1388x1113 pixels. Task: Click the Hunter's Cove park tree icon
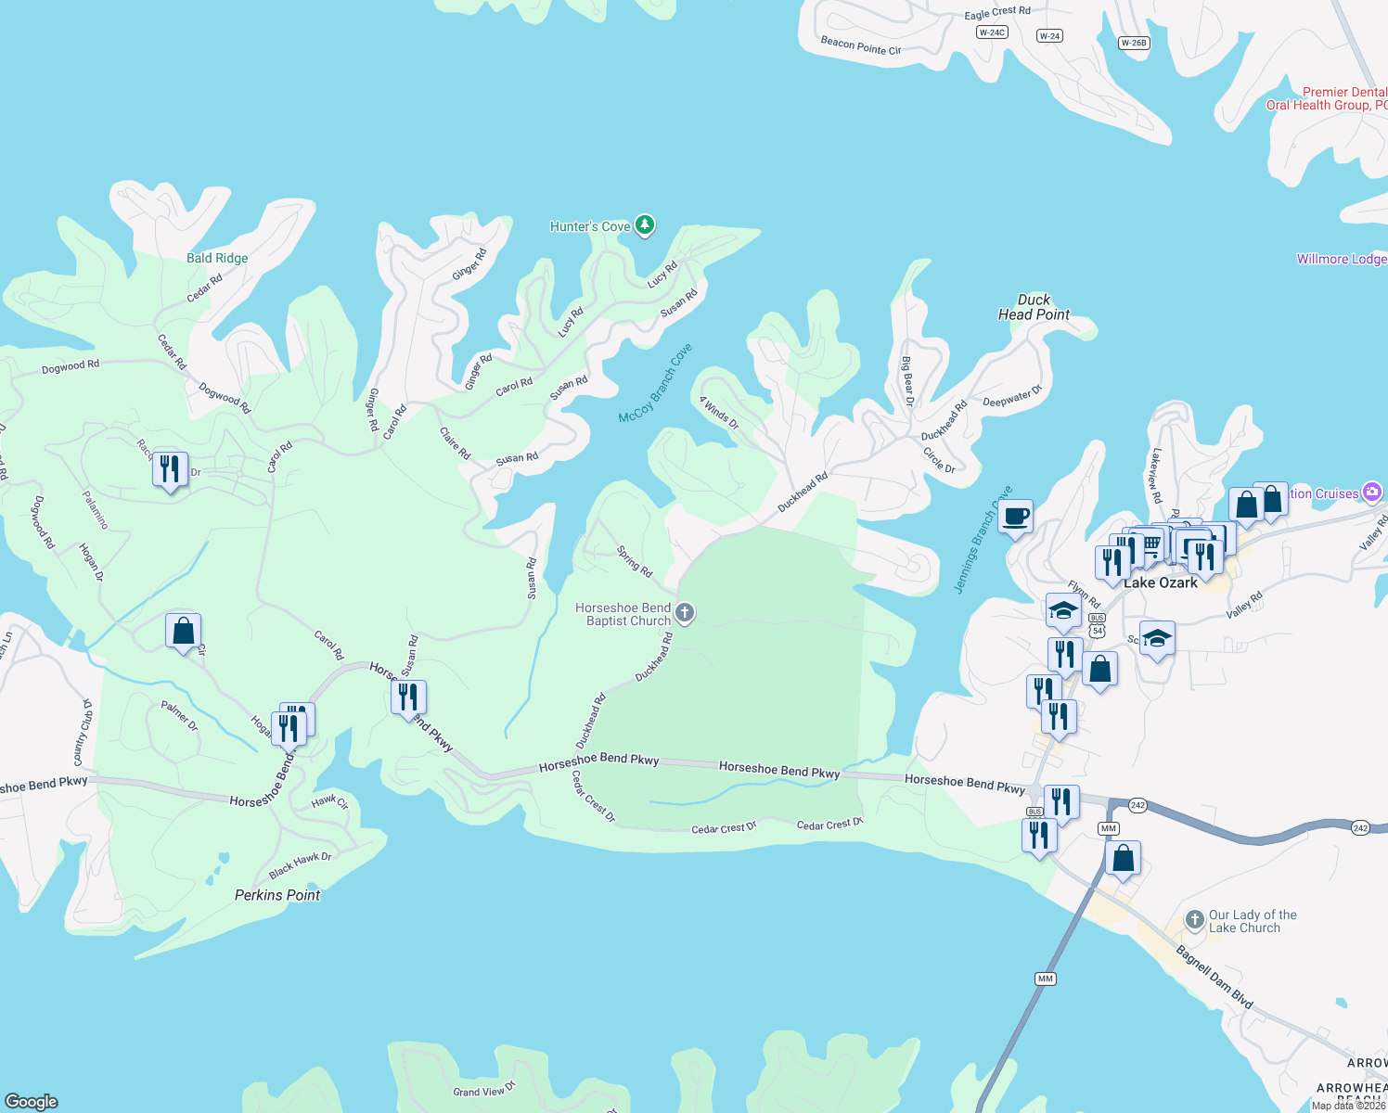[x=645, y=225]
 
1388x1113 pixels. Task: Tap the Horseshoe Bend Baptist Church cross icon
[x=685, y=612]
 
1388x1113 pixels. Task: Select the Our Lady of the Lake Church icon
[x=1195, y=921]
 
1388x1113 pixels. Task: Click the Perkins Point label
[x=277, y=895]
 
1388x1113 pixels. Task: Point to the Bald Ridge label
[x=217, y=258]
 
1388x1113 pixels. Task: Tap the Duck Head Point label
[x=1034, y=307]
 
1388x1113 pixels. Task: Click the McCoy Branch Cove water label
[x=655, y=384]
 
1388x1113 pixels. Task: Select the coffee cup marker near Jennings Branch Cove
[x=1016, y=517]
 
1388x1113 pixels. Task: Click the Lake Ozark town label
[x=1160, y=582]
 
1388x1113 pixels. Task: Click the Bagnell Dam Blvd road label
[x=1214, y=977]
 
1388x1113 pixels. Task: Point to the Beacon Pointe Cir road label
[x=861, y=45]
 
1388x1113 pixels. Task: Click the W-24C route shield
[x=992, y=32]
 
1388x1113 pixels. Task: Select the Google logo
[x=32, y=1101]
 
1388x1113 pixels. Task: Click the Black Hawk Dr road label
[x=300, y=864]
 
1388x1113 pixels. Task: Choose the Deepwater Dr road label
[x=1012, y=398]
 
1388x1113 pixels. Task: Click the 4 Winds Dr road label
[x=719, y=413]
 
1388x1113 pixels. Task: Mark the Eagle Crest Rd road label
[x=997, y=12]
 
